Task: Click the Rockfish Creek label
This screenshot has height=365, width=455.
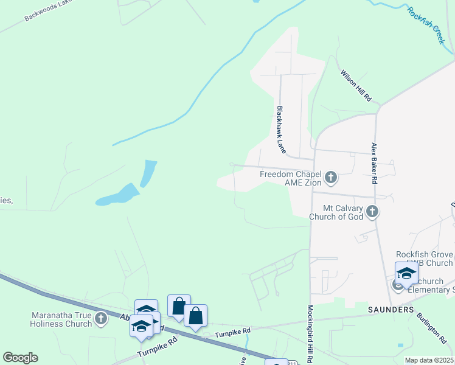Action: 426,25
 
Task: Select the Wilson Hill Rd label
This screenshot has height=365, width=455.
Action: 356,85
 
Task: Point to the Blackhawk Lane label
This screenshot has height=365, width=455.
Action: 281,130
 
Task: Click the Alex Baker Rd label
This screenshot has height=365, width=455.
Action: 375,164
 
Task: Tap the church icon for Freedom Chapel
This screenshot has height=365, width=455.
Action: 331,178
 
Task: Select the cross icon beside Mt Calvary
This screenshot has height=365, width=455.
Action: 373,212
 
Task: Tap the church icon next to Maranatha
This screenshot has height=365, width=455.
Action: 101,317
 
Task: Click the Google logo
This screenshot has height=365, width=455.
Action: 20,358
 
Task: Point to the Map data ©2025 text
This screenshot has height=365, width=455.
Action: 429,360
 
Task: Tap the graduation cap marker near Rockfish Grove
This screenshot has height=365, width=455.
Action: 406,273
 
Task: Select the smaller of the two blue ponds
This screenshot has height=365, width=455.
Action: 148,173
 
